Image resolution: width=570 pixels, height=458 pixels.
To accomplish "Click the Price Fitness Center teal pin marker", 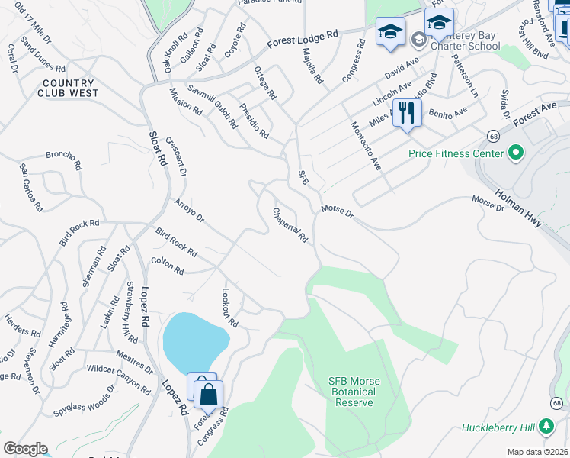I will pyautogui.click(x=516, y=153).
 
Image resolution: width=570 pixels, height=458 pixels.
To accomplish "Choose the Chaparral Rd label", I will pyautogui.click(x=290, y=225).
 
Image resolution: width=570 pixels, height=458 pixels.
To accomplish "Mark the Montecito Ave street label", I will pyautogui.click(x=365, y=146).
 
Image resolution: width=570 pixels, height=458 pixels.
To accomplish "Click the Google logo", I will pyautogui.click(x=24, y=448).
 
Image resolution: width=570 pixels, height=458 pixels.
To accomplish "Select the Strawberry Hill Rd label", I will pyautogui.click(x=130, y=314).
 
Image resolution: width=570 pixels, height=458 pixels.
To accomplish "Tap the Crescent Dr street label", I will pyautogui.click(x=176, y=156).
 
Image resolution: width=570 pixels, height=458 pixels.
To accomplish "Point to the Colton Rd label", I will pyautogui.click(x=168, y=266).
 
